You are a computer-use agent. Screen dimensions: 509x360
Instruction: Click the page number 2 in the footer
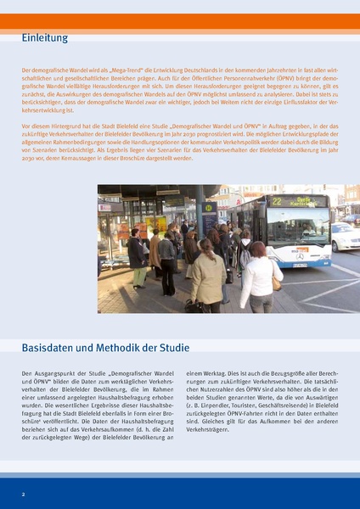coord(24,493)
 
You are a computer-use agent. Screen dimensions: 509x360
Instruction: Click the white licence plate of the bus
coord(297,266)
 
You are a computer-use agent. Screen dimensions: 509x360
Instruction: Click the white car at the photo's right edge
coord(345,237)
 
